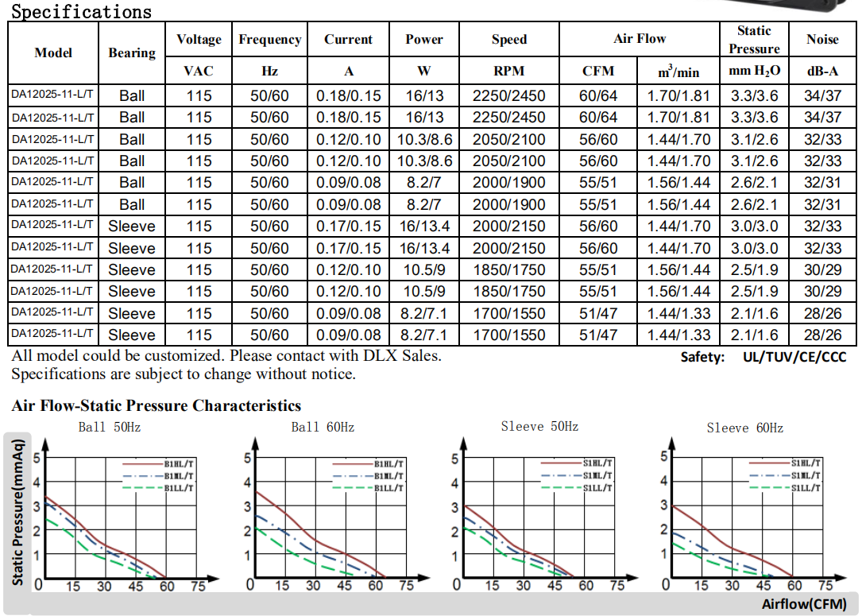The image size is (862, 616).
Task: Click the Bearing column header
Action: [x=132, y=52]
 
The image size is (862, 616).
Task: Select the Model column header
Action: [x=53, y=52]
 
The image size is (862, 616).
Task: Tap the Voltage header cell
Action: [x=199, y=39]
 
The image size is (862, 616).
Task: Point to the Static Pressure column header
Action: [x=754, y=39]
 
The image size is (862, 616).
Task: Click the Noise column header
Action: [x=822, y=39]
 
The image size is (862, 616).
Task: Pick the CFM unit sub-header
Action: [x=598, y=71]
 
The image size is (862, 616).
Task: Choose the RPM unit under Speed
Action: [x=508, y=71]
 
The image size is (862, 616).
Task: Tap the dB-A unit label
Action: [x=822, y=71]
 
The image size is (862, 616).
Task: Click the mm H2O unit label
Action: [x=754, y=71]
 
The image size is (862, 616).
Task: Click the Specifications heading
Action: [x=81, y=12]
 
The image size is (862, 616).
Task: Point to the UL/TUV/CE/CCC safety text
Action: [x=794, y=357]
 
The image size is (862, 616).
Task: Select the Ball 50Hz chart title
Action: [x=110, y=427]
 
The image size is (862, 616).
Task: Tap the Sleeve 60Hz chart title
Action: [x=744, y=428]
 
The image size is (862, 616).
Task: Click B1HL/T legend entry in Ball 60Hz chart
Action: [x=389, y=463]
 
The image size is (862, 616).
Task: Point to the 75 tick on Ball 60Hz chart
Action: [x=406, y=586]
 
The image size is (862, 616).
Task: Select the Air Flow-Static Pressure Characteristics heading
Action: [x=157, y=406]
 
